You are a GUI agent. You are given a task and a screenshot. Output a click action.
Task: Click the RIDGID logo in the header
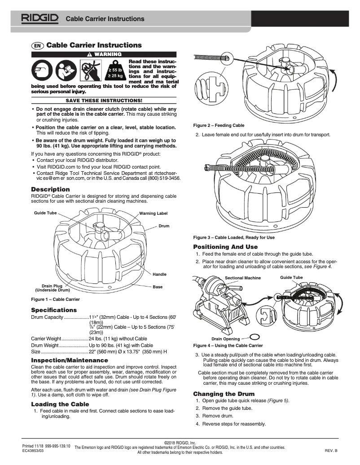pyautogui.click(x=40, y=18)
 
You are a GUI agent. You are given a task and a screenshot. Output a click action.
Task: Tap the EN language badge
pyautogui.click(x=37, y=46)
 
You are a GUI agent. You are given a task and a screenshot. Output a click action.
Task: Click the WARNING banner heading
pyautogui.click(x=104, y=54)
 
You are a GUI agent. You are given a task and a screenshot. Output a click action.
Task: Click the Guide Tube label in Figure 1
pyautogui.click(x=45, y=213)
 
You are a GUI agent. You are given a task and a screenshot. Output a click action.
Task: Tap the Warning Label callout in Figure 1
pyautogui.click(x=154, y=213)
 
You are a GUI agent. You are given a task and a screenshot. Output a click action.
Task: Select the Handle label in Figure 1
pyautogui.click(x=159, y=274)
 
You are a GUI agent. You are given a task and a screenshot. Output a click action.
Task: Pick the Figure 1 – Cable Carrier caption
pyautogui.click(x=55, y=299)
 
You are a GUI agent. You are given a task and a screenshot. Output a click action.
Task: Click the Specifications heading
pyautogui.click(x=54, y=310)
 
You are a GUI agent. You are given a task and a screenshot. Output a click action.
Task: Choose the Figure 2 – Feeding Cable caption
pyautogui.click(x=219, y=126)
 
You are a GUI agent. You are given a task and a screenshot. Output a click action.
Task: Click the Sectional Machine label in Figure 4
pyautogui.click(x=242, y=278)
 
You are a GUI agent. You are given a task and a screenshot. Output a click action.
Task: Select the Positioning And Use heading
pyautogui.click(x=225, y=247)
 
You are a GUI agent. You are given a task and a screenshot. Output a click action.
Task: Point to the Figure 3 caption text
pyautogui.click(x=233, y=237)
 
